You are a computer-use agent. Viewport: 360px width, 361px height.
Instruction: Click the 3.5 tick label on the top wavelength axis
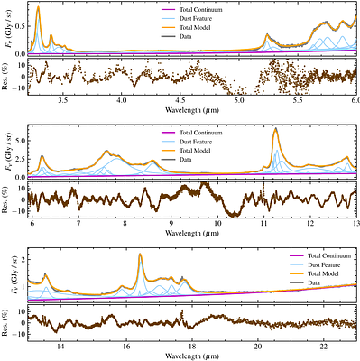(x=62, y=104)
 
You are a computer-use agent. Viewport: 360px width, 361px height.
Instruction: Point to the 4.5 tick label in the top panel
(x=180, y=104)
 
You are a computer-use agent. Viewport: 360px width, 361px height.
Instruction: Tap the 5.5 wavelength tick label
(x=298, y=104)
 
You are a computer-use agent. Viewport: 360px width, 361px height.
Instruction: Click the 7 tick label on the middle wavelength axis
(x=79, y=222)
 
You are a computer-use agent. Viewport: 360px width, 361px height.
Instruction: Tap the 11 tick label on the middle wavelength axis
(x=263, y=222)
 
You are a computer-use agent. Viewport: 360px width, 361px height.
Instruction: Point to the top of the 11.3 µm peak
(x=275, y=128)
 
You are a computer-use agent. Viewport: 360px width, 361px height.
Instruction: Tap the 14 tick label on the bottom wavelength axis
(x=60, y=344)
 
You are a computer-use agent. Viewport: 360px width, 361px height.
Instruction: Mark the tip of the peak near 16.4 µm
(x=140, y=255)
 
